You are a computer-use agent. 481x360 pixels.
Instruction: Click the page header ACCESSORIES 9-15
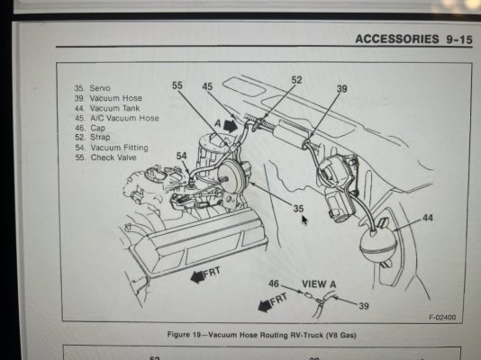413,40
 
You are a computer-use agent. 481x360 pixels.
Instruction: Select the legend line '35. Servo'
93,88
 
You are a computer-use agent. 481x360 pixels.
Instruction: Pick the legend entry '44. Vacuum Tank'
107,108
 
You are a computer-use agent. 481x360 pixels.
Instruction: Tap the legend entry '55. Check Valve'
105,157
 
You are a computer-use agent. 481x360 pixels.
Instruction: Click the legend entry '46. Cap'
90,128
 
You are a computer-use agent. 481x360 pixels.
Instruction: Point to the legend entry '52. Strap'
93,138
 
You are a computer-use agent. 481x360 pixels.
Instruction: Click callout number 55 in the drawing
177,85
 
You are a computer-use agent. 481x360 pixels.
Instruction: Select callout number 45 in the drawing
207,86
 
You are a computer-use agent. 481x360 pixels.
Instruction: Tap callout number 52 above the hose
296,80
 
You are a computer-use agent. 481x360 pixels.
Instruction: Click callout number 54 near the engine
181,156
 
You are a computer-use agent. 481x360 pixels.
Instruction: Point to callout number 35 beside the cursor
298,208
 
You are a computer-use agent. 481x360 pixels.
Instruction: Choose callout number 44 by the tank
428,218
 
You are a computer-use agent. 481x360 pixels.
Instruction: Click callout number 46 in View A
274,283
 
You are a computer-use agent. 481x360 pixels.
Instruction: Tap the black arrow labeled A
231,125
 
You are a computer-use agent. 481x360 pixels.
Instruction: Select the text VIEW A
319,284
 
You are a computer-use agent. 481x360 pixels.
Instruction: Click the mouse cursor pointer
304,220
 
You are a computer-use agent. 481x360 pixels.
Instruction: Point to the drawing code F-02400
442,317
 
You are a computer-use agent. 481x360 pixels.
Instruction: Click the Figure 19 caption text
261,335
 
